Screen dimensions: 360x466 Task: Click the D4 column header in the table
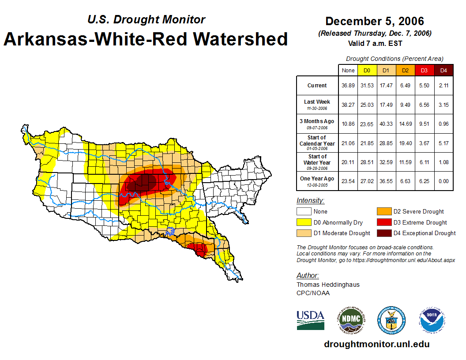[444, 71]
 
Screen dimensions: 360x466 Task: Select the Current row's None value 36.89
[348, 86]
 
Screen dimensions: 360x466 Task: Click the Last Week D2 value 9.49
[406, 105]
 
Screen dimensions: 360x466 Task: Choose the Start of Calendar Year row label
[317, 143]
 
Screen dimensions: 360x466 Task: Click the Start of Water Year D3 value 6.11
[425, 162]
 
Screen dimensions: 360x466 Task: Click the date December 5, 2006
[374, 21]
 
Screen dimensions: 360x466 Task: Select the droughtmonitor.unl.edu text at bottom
[376, 344]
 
